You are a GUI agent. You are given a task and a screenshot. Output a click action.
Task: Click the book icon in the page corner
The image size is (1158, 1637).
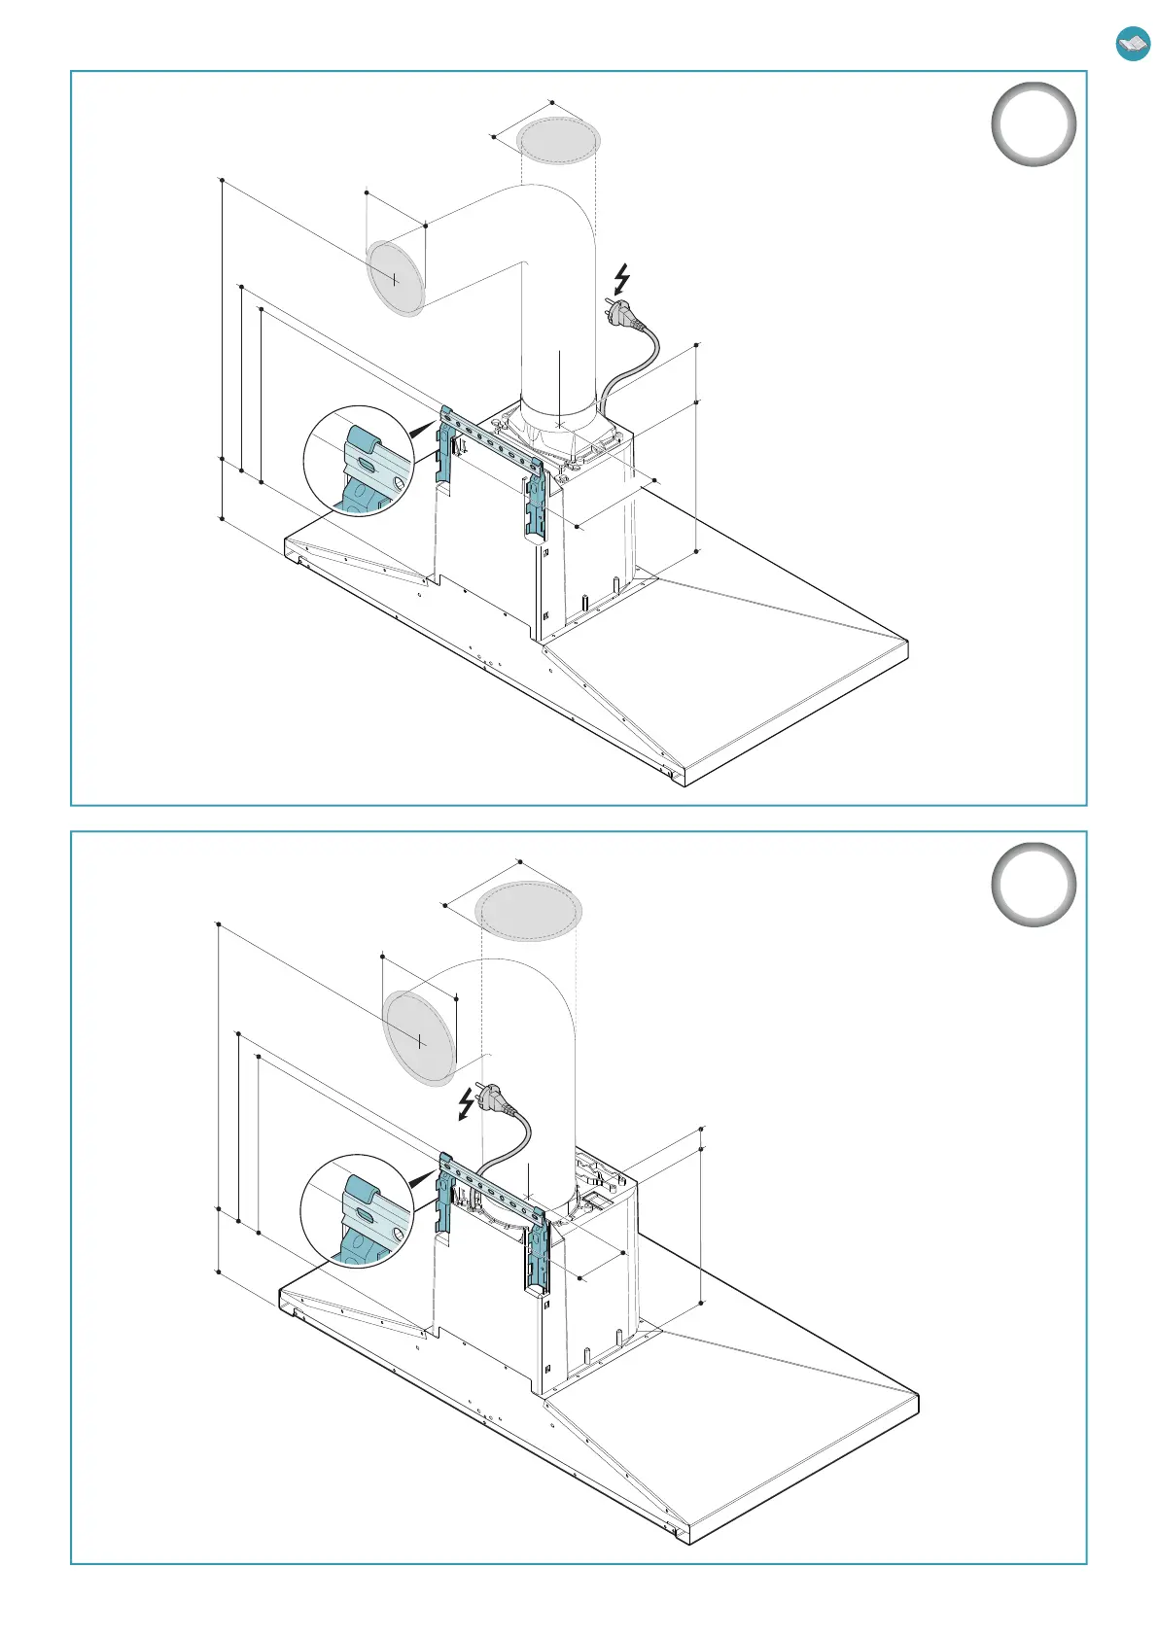[1133, 44]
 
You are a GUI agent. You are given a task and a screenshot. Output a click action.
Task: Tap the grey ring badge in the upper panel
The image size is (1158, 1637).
[1034, 124]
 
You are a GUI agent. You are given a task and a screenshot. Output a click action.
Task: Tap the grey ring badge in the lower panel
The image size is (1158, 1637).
[1034, 884]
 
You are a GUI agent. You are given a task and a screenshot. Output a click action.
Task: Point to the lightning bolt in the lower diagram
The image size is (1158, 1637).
[468, 1104]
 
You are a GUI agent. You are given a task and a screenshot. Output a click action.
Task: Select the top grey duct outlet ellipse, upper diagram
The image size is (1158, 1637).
[557, 142]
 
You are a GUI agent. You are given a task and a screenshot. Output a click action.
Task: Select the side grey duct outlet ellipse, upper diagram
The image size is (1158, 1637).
[395, 280]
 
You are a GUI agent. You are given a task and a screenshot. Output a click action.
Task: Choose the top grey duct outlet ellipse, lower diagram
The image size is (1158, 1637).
[528, 911]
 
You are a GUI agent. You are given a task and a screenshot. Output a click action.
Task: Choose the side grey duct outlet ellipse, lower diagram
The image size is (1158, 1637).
[419, 1038]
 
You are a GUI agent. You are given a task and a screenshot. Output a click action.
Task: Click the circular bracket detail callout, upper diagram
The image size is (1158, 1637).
[358, 461]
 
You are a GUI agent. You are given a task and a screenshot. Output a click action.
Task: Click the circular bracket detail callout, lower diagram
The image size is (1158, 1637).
[356, 1210]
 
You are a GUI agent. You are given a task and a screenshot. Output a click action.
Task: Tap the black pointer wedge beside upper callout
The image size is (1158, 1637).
[423, 430]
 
